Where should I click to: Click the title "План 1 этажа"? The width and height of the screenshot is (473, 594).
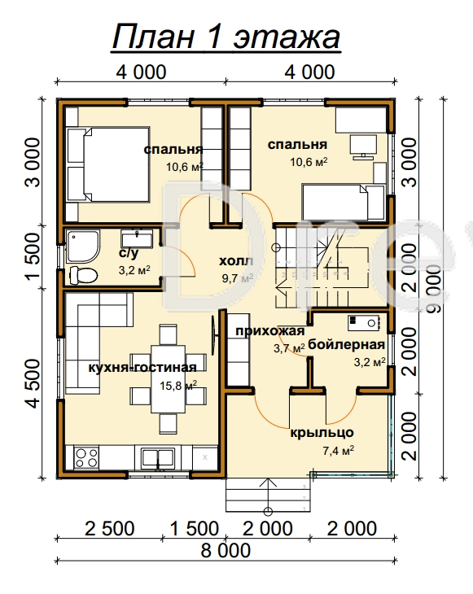click(x=226, y=37)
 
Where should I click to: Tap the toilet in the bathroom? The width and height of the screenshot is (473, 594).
click(x=84, y=275)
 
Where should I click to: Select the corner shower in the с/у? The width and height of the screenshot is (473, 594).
click(x=83, y=246)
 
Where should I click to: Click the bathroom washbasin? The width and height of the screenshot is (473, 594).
click(x=137, y=238)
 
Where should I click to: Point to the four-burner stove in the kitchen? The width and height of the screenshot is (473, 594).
click(x=87, y=457)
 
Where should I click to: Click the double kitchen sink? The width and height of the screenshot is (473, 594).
click(x=158, y=457)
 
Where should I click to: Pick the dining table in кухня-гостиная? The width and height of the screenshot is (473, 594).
click(x=169, y=379)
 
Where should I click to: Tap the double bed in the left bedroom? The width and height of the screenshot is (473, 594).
click(x=107, y=164)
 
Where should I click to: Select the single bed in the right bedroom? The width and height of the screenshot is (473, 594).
click(x=343, y=202)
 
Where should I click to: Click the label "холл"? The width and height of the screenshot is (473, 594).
click(x=236, y=261)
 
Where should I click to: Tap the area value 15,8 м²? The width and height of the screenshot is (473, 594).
click(x=178, y=386)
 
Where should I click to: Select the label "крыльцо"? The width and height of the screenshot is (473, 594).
click(x=322, y=433)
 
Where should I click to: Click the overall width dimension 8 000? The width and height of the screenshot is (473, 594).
click(x=226, y=550)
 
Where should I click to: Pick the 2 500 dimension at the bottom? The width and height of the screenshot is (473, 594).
click(x=110, y=529)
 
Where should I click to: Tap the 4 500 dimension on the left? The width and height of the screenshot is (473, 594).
click(x=33, y=384)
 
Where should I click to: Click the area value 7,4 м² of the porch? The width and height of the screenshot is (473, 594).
click(x=339, y=451)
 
